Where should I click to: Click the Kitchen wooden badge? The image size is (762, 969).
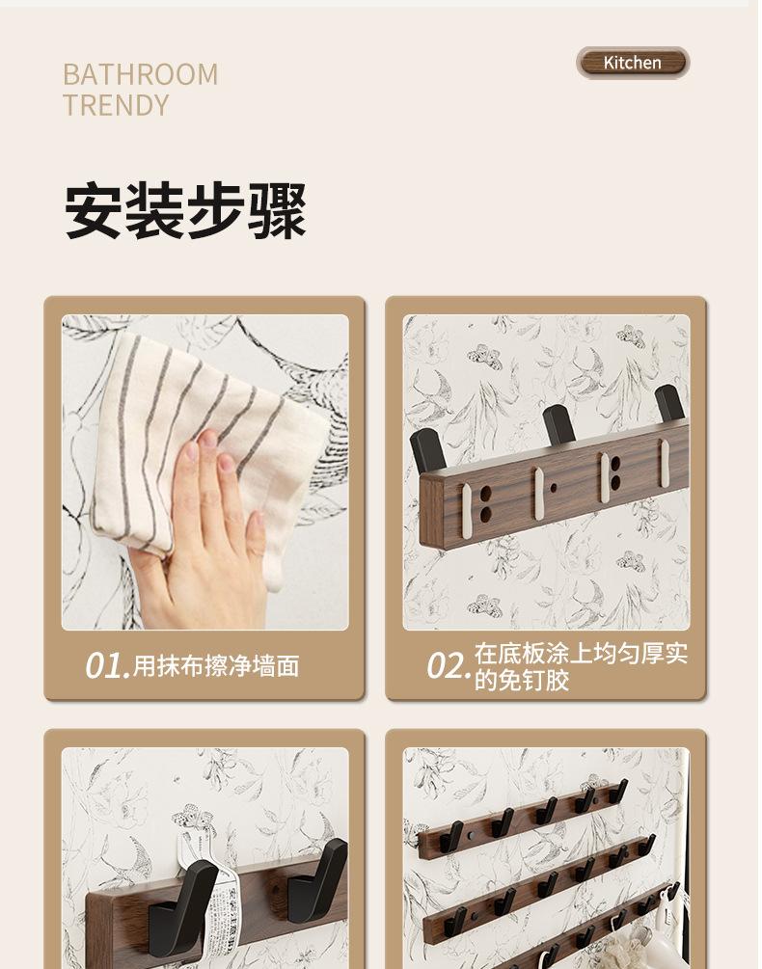(x=632, y=63)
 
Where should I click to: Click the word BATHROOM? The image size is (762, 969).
(x=140, y=75)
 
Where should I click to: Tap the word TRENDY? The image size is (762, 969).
(x=116, y=105)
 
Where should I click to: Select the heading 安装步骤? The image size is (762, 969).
(x=185, y=210)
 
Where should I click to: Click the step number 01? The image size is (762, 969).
(x=107, y=666)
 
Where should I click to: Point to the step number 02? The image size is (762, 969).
(x=449, y=666)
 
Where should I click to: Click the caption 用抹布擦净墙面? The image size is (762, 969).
(x=216, y=666)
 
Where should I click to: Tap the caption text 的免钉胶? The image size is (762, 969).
(x=522, y=681)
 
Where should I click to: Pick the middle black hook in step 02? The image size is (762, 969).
(x=559, y=425)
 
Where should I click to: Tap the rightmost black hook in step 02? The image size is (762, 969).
(x=670, y=404)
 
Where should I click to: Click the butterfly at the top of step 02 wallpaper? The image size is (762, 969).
(x=483, y=357)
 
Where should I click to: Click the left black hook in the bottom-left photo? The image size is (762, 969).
(x=183, y=908)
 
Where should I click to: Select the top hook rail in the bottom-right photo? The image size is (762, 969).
(x=522, y=819)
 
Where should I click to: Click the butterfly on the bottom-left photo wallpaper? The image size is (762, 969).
(x=194, y=819)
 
